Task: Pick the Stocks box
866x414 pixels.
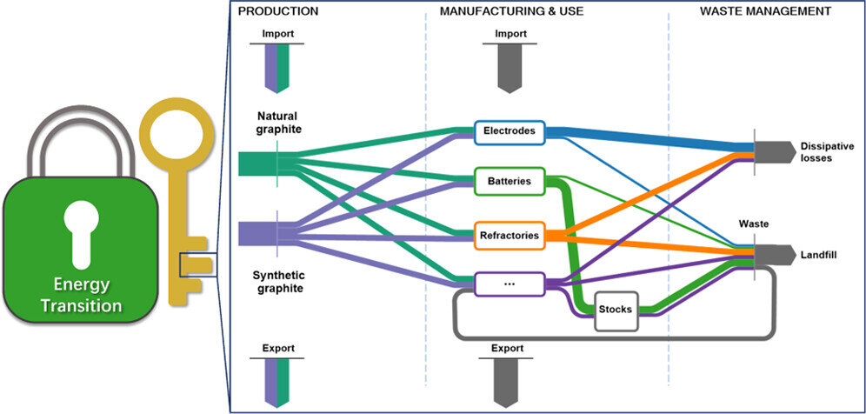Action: tap(616, 309)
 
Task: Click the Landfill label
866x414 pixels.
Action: tap(817, 255)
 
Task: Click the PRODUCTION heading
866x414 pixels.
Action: tap(278, 10)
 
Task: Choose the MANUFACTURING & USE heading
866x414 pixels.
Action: tap(511, 11)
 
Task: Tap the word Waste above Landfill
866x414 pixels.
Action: tap(754, 223)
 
